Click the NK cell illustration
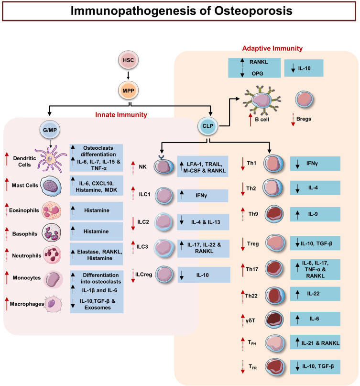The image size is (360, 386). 164,167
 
